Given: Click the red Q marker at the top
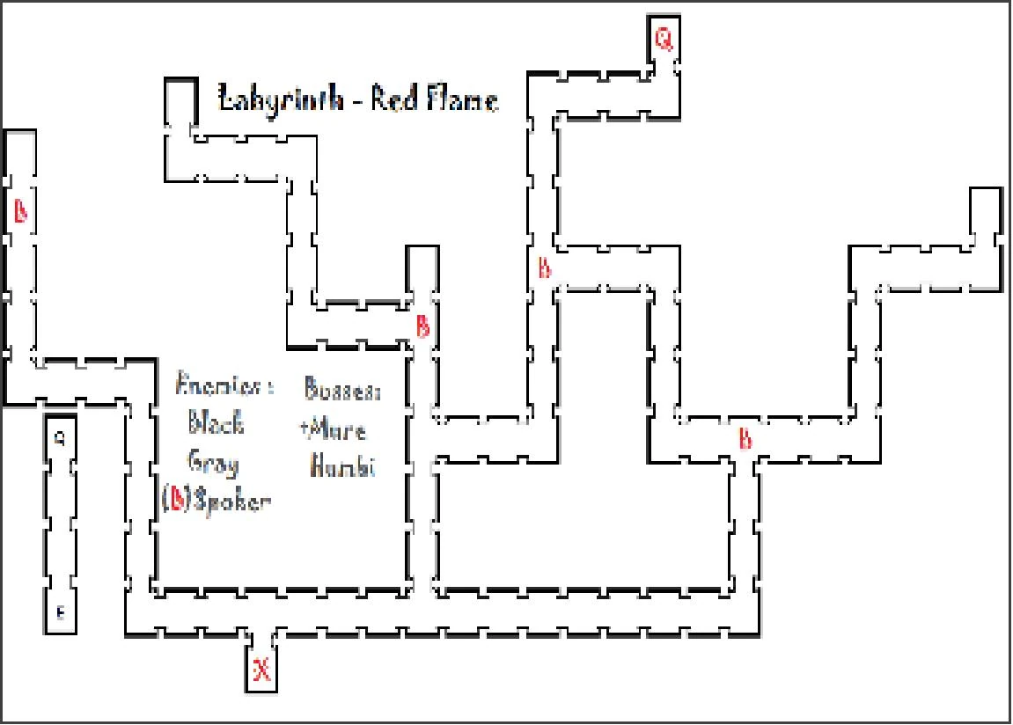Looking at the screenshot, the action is pos(664,39).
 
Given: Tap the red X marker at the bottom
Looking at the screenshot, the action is pos(262,670).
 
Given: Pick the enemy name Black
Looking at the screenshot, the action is pos(216,424).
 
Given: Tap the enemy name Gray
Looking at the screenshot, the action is pos(212,463).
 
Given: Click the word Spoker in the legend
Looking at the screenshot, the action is pos(232,502).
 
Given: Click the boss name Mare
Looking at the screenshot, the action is pos(335,429).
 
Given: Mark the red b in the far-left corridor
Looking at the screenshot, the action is pos(21,211).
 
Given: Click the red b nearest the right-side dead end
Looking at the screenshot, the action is pos(745,437).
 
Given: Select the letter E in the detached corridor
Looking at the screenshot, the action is pos(60,613).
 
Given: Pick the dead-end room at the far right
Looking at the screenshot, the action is pos(986,209).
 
